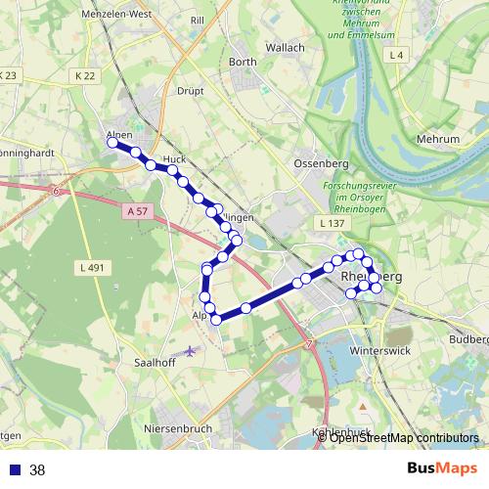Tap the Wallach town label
286,47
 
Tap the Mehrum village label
437,140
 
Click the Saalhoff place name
154,362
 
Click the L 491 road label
89,266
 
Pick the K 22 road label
85,75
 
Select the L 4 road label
395,56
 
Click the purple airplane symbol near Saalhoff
190,349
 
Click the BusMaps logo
442,468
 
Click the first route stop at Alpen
112,143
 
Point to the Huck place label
175,159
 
